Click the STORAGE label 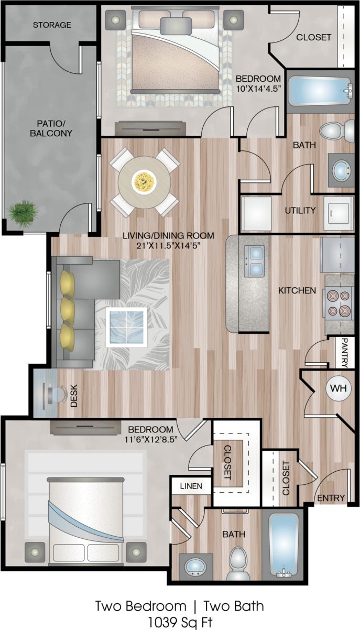pos(52,25)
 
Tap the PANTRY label pos(345,352)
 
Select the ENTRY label pos(331,497)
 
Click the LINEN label pos(191,486)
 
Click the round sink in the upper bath pos(342,169)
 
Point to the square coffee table pos(126,327)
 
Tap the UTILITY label pos(300,211)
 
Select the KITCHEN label pos(297,290)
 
